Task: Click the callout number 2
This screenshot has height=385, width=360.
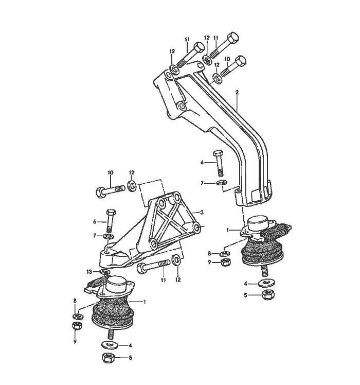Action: point(237,93)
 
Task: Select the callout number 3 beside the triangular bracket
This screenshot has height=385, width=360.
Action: point(202,212)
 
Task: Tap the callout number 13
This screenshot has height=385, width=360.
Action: point(89,271)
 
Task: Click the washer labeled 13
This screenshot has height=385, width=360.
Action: point(104,271)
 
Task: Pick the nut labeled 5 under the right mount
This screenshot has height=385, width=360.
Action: point(266,295)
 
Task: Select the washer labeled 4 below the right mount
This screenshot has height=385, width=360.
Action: point(266,283)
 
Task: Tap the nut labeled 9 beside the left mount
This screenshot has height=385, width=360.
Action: point(75,327)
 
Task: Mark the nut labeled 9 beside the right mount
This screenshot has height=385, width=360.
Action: point(225,262)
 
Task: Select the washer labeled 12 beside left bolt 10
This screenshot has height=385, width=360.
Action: point(132,185)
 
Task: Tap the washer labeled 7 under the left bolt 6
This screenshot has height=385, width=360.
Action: point(109,236)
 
